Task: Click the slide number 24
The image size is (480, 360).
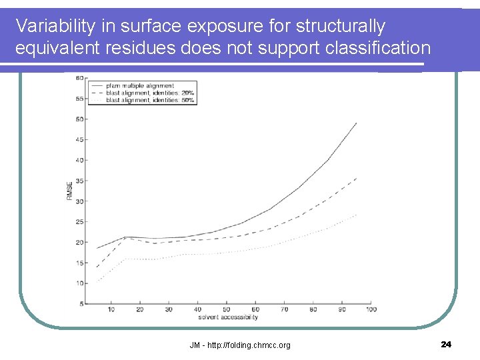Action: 446,344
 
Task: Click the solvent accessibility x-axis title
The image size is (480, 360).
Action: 227,317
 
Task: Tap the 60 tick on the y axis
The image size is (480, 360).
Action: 80,78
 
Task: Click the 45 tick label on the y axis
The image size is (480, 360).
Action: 80,139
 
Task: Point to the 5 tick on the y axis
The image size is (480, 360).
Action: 82,304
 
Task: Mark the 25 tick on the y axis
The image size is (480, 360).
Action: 80,221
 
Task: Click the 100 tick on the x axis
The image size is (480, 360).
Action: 371,309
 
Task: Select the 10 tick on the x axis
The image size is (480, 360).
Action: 111,309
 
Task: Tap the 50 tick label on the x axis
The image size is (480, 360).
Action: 227,309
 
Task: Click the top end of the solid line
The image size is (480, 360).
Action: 357,123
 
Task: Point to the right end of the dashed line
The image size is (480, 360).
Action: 357,179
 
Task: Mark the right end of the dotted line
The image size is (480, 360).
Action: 357,215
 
